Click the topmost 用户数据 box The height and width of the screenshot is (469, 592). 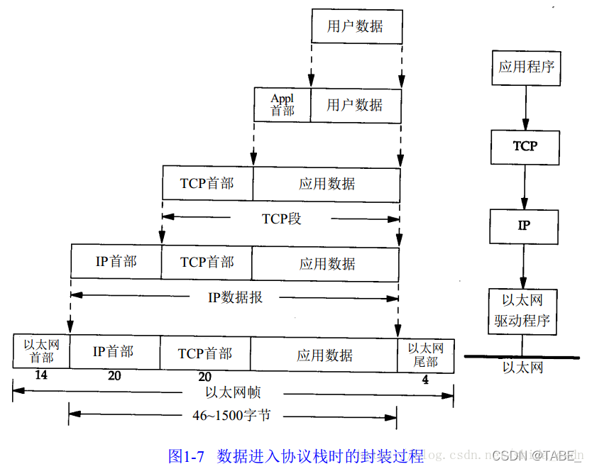pyautogui.click(x=356, y=26)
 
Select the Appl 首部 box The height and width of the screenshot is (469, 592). pyautogui.click(x=283, y=104)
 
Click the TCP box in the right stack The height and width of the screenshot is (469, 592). pyautogui.click(x=525, y=146)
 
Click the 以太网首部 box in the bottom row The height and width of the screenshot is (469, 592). pyautogui.click(x=41, y=351)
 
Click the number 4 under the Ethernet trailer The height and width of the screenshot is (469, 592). pyautogui.click(x=425, y=380)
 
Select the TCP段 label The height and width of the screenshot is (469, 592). pyautogui.click(x=282, y=219)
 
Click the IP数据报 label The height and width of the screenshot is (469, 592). pyautogui.click(x=235, y=297)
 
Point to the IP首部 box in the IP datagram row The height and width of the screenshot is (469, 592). pyautogui.click(x=116, y=261)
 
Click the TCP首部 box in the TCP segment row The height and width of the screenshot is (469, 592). pyautogui.click(x=207, y=183)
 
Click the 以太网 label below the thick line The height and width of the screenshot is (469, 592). pyautogui.click(x=523, y=368)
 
